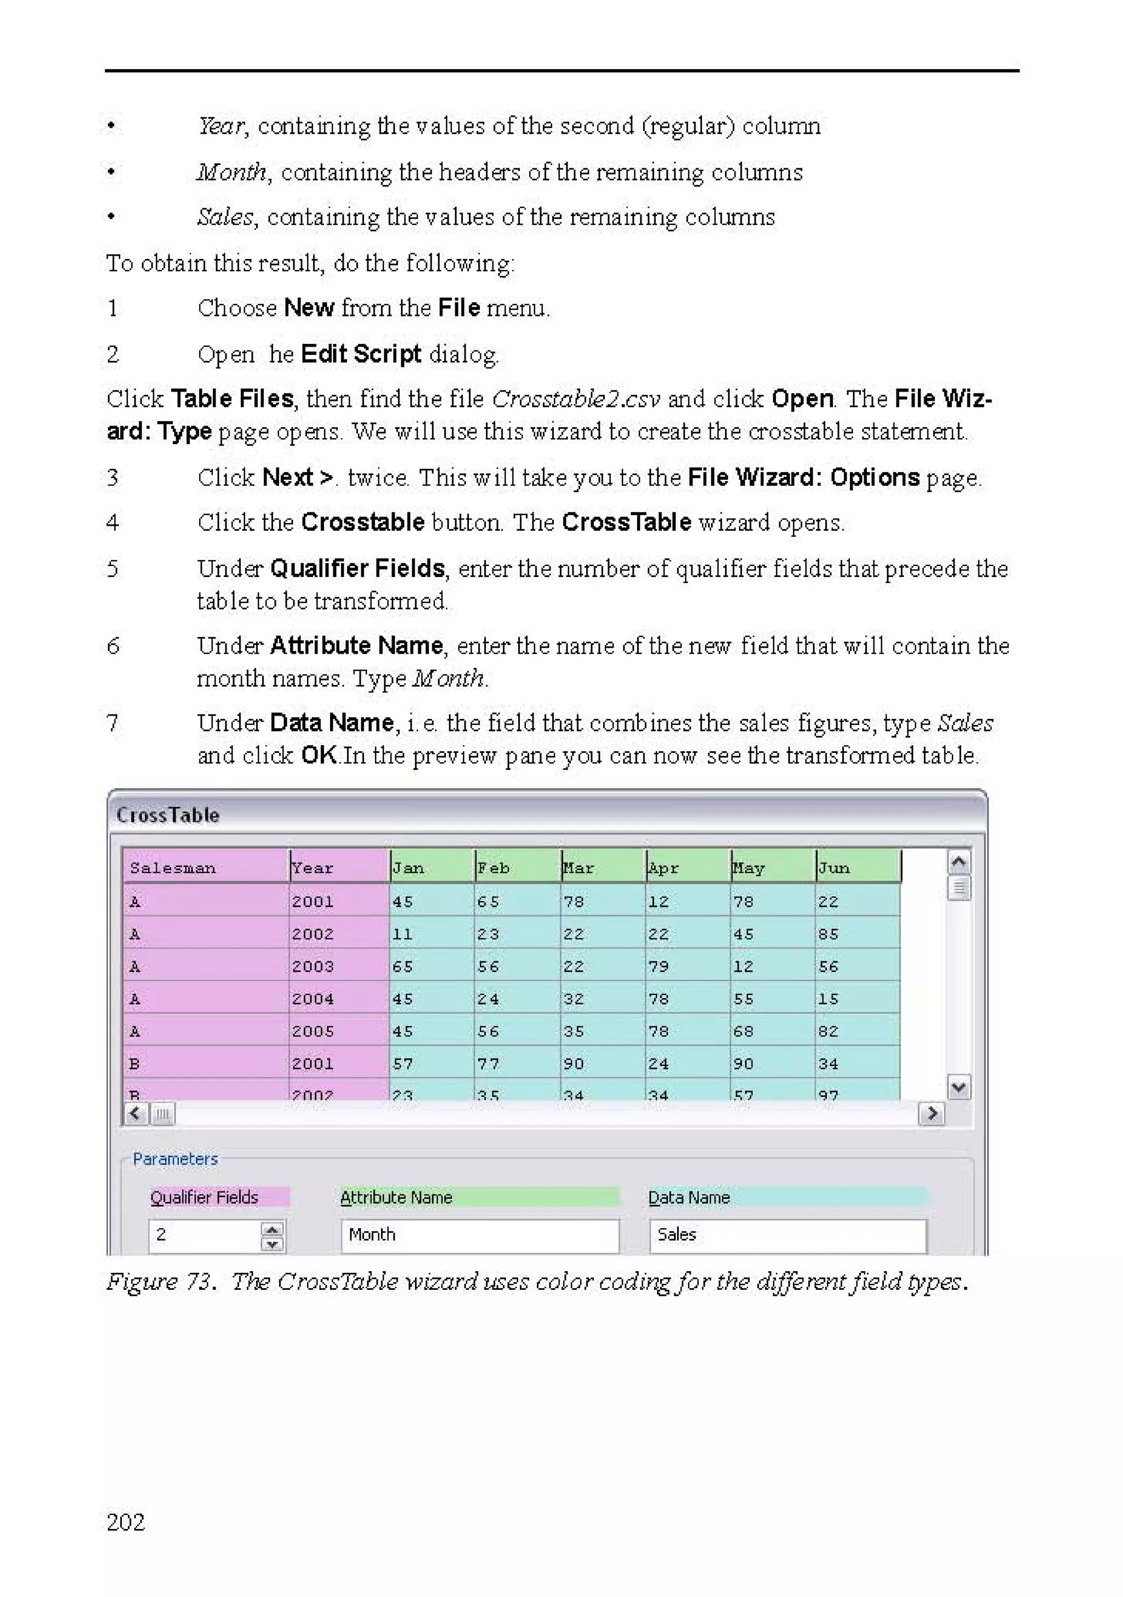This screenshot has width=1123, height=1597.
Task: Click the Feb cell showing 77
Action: pos(488,1063)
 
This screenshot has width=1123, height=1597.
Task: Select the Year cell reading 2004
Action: pos(313,999)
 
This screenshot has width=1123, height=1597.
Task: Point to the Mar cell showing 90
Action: pos(574,1063)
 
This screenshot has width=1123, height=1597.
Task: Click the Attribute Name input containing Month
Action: pos(480,1234)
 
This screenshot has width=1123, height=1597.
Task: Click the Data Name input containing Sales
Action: pos(787,1234)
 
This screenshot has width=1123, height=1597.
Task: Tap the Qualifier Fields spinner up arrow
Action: pos(273,1228)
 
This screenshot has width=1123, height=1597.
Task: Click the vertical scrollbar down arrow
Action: pos(959,1086)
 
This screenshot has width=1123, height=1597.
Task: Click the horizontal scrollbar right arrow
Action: pos(931,1114)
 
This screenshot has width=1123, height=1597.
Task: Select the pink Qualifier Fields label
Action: pos(205,1197)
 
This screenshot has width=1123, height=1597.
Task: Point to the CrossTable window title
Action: pos(168,814)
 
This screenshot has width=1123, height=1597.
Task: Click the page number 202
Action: pos(126,1522)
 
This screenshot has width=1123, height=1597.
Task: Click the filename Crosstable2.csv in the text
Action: pos(576,399)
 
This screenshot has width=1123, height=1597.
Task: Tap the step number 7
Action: pos(112,723)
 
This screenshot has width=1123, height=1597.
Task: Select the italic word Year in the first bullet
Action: pos(220,126)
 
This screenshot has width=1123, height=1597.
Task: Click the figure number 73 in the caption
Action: pos(199,1282)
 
